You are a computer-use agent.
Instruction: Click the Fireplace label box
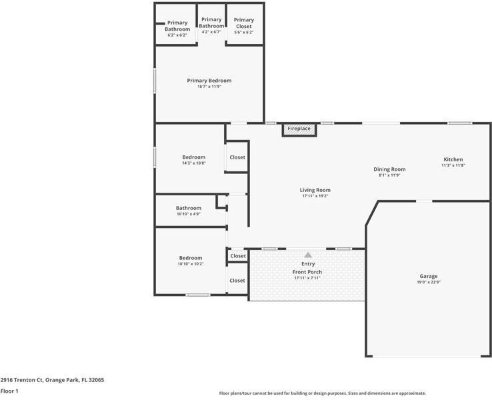pos(299,129)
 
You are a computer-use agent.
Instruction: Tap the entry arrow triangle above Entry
pos(308,255)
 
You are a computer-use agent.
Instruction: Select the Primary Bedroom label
pos(209,81)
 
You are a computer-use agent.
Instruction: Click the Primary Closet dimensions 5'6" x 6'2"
pos(244,32)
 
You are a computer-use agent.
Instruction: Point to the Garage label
pos(429,276)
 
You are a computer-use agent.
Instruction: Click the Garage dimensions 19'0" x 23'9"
pos(429,282)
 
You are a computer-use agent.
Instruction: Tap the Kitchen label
pos(453,159)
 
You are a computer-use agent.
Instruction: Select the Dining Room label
pos(389,169)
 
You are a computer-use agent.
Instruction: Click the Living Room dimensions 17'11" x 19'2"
pos(315,196)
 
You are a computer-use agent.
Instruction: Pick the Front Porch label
pos(307,272)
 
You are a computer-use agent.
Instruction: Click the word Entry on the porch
pos(308,264)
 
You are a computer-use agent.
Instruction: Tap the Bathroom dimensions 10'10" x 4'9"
pos(189,214)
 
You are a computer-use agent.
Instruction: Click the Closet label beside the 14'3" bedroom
pos(237,157)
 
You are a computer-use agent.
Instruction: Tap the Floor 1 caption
pos(9,391)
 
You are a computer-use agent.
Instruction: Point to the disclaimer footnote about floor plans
pos(322,393)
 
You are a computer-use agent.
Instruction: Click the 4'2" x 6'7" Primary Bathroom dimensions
pos(211,32)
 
